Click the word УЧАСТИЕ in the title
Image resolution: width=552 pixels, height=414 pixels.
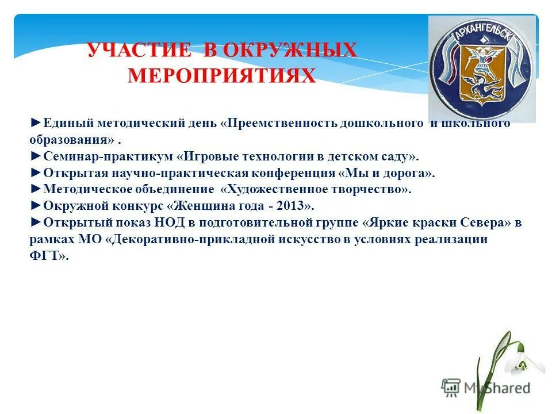(139, 51)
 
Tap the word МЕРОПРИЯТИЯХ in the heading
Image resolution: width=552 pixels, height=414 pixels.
(222, 75)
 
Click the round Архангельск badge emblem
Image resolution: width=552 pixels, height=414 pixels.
(481, 70)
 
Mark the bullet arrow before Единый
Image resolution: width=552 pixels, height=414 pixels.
(35, 123)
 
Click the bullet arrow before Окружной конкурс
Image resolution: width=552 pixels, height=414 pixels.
(35, 206)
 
